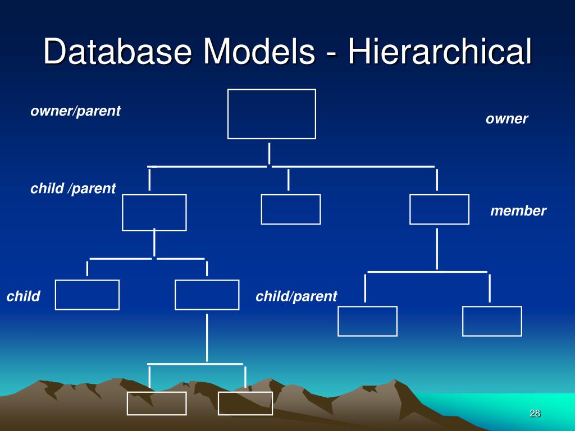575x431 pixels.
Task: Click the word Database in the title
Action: [118, 53]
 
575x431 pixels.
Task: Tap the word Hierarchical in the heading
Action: [439, 53]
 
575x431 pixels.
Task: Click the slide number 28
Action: [535, 414]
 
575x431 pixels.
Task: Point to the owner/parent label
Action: [75, 111]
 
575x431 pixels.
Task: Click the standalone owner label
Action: [506, 119]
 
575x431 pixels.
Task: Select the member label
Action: [518, 211]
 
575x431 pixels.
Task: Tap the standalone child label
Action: [23, 296]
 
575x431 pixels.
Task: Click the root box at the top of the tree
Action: [271, 114]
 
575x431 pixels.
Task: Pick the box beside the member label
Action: [439, 209]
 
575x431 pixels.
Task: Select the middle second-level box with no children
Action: [291, 209]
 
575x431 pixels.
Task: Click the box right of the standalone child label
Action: [87, 295]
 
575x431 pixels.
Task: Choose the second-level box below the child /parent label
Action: [154, 212]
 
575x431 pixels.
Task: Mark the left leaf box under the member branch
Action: [367, 321]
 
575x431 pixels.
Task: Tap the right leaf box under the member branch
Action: [492, 321]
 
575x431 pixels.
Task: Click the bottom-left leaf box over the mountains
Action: [156, 404]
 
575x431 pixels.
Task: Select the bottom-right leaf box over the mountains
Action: [245, 404]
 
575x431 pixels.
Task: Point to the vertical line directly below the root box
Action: [270, 153]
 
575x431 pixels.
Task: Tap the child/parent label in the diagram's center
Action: [296, 296]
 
